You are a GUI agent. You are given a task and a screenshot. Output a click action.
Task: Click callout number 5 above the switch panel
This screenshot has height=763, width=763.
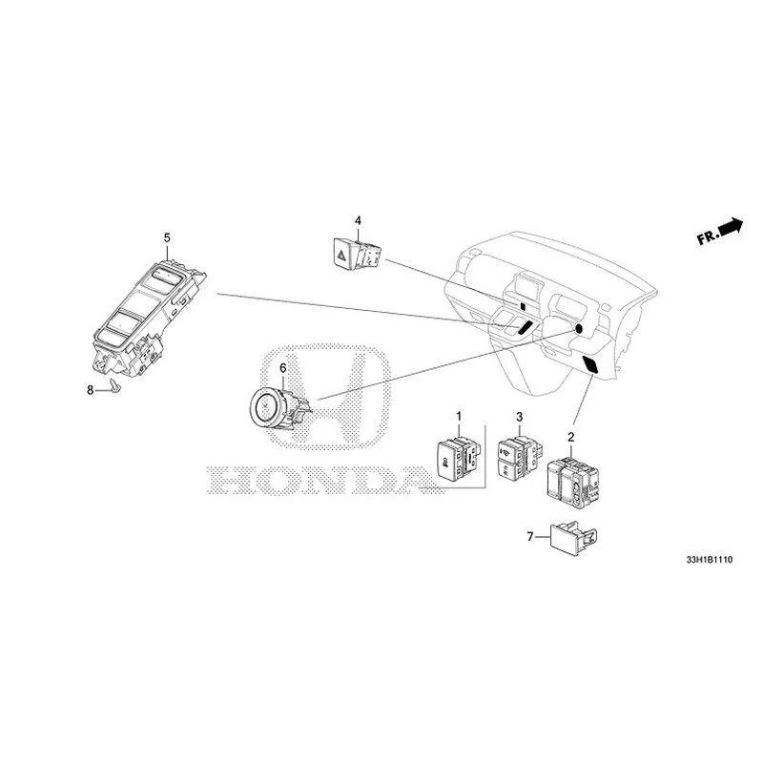pyautogui.click(x=167, y=236)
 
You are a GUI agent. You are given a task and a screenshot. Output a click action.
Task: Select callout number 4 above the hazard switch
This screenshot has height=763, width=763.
pyautogui.click(x=358, y=221)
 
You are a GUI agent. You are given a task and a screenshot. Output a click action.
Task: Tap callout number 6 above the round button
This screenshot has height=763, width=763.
pyautogui.click(x=282, y=367)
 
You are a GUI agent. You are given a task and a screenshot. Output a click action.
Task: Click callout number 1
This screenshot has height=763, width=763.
pyautogui.click(x=458, y=416)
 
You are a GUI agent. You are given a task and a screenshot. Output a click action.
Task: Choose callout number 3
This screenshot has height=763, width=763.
pyautogui.click(x=519, y=417)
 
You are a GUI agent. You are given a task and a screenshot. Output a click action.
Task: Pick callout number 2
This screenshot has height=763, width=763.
pyautogui.click(x=570, y=437)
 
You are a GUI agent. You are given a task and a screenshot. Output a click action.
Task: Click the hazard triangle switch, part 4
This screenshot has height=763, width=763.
pyautogui.click(x=350, y=253)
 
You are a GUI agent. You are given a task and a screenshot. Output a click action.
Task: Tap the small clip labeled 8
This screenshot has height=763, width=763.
pyautogui.click(x=114, y=386)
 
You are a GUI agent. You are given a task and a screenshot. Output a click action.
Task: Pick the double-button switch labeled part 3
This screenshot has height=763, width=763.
pyautogui.click(x=517, y=458)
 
